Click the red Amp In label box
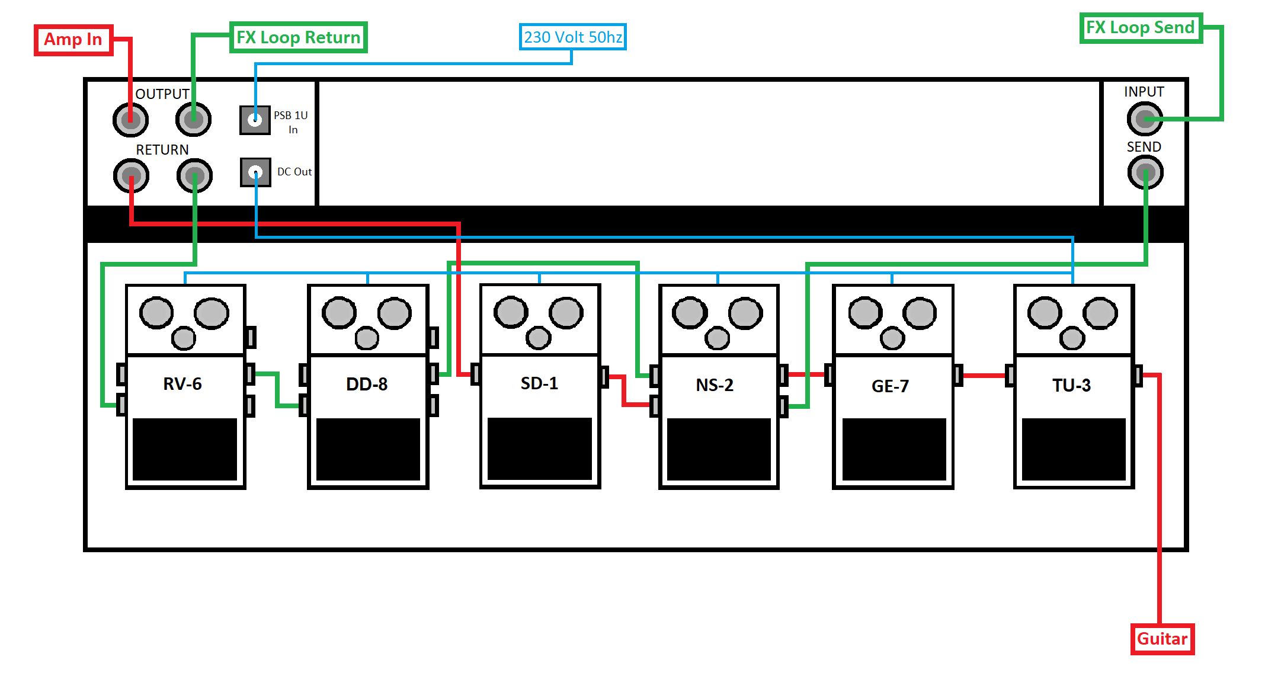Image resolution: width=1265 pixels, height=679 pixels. (x=73, y=40)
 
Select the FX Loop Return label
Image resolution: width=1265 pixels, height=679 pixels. (x=298, y=37)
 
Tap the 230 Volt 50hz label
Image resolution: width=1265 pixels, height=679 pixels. (x=572, y=37)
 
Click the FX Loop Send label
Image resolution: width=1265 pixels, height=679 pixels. (x=1140, y=28)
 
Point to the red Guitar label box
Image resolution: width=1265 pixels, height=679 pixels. (x=1162, y=639)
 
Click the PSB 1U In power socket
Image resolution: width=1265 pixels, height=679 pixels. (x=255, y=120)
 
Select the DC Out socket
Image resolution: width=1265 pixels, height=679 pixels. (x=255, y=172)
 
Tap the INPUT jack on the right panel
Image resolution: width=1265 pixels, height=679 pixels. (x=1144, y=118)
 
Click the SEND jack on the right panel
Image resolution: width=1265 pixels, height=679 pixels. (x=1145, y=172)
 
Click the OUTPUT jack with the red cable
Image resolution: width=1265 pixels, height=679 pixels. (x=130, y=120)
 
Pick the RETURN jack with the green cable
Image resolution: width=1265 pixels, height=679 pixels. (x=194, y=175)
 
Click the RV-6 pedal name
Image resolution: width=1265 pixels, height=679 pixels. (x=182, y=384)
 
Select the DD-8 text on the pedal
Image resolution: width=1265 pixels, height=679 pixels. (x=367, y=385)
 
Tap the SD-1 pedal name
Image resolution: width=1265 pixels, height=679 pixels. (x=539, y=383)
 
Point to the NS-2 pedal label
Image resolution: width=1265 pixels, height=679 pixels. (x=715, y=385)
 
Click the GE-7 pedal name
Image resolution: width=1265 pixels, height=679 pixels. (x=890, y=386)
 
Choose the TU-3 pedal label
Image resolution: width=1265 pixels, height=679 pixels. (x=1071, y=386)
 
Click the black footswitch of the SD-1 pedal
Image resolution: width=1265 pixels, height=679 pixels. (x=539, y=449)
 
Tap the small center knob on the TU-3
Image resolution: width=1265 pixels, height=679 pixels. (x=1072, y=339)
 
